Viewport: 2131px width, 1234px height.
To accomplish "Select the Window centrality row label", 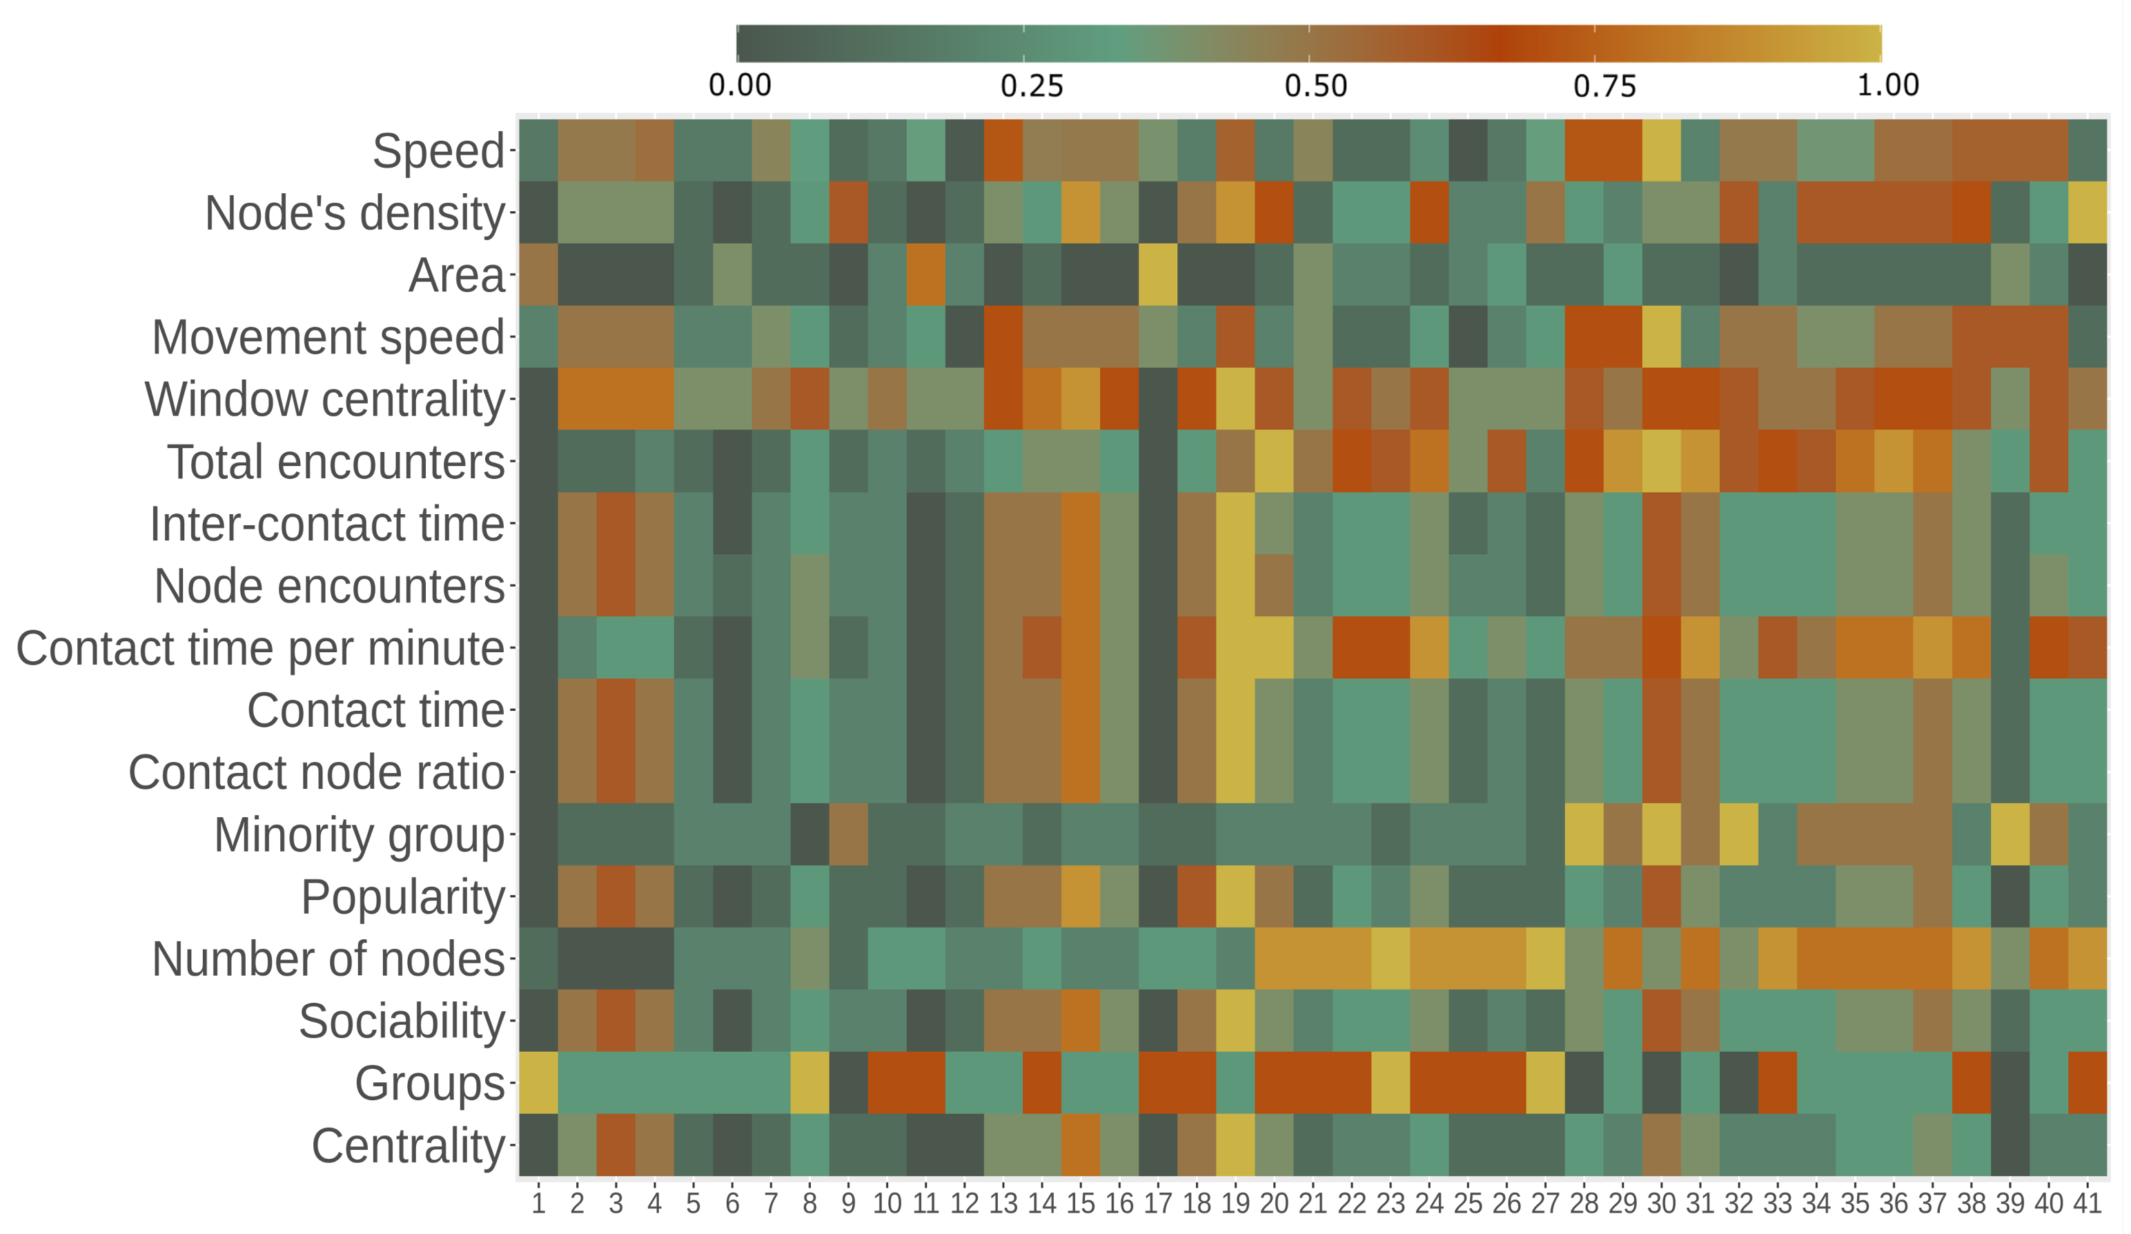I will pyautogui.click(x=325, y=399).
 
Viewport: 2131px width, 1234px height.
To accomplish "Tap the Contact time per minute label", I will pyautogui.click(x=259, y=648).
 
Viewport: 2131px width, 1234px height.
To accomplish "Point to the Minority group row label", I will pyautogui.click(x=360, y=835).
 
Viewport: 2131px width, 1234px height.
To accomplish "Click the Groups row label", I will pyautogui.click(x=430, y=1084).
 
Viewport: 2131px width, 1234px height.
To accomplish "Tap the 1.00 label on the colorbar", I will pyautogui.click(x=1887, y=86).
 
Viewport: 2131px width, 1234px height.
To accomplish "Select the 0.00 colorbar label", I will pyautogui.click(x=740, y=86).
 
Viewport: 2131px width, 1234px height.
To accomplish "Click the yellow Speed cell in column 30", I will pyautogui.click(x=1661, y=150).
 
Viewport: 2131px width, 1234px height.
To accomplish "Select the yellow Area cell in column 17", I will pyautogui.click(x=1158, y=275).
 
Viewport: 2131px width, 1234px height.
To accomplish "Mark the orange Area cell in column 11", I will pyautogui.click(x=925, y=275).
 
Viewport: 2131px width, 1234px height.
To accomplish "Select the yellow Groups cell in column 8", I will pyautogui.click(x=809, y=1083).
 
